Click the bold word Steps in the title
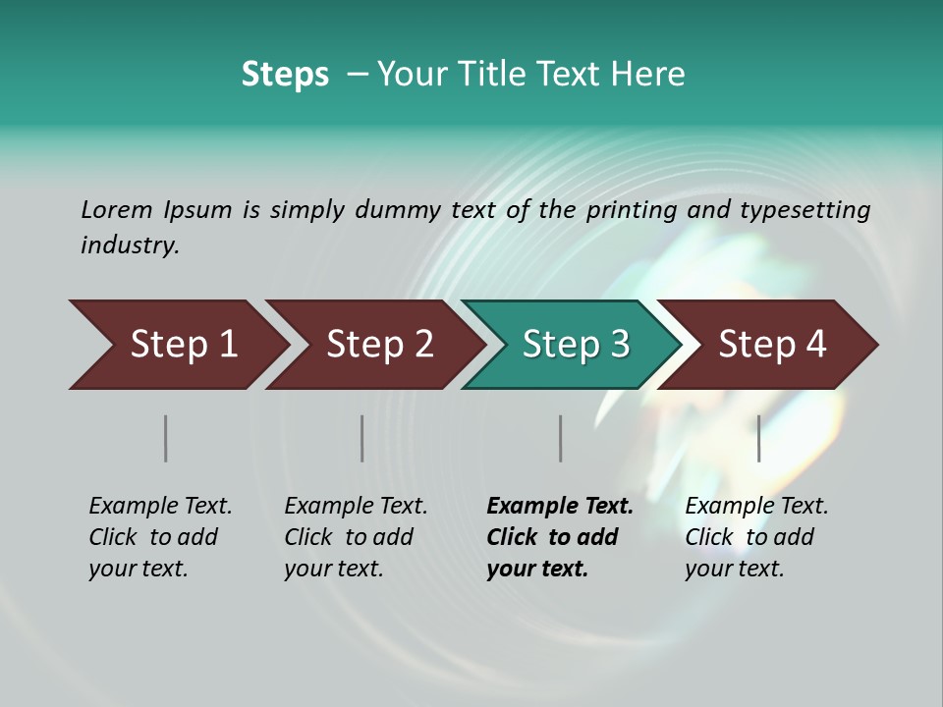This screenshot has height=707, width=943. pyautogui.click(x=285, y=75)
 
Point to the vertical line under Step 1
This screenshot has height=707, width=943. pyautogui.click(x=166, y=438)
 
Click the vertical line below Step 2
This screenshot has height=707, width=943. pyautogui.click(x=362, y=438)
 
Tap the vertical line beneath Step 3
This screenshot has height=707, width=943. pyautogui.click(x=560, y=438)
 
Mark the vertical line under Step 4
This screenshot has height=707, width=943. pyautogui.click(x=758, y=438)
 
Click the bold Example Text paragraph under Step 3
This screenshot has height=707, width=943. pyautogui.click(x=560, y=537)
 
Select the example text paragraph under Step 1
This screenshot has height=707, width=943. pyautogui.click(x=160, y=537)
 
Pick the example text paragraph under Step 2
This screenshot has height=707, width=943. pyautogui.click(x=356, y=537)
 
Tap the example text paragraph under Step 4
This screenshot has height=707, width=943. pyautogui.click(x=756, y=537)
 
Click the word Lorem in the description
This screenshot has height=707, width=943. pyautogui.click(x=116, y=209)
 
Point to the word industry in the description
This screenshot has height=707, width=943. pyautogui.click(x=130, y=245)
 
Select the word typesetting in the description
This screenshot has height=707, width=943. pyautogui.click(x=804, y=210)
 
